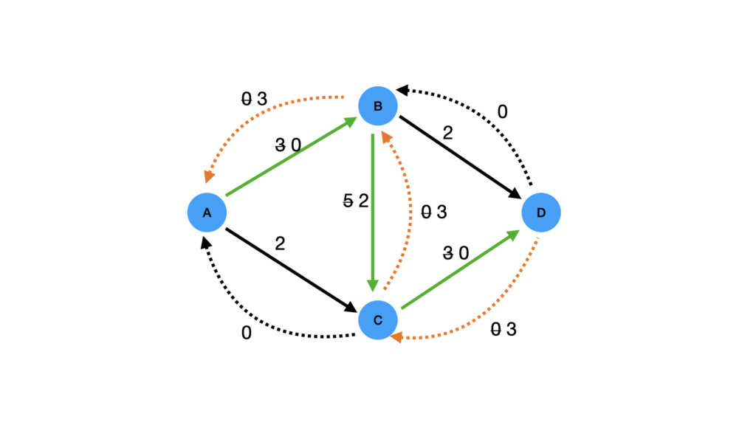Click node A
coord(207,212)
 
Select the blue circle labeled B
coord(378,106)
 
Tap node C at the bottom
coord(378,320)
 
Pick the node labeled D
coord(541,212)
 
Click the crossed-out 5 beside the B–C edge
coord(348,201)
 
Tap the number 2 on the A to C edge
coord(280,243)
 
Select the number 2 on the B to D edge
coord(447,133)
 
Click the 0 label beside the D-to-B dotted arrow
coord(502,112)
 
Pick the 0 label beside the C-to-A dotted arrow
coord(247,334)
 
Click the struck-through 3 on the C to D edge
coord(448,254)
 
